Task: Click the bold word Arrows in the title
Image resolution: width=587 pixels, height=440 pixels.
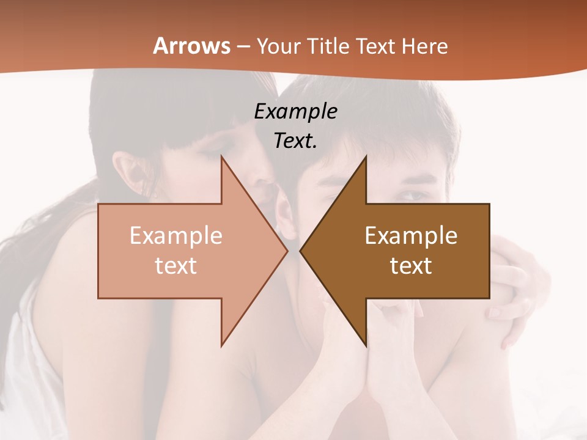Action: click(191, 46)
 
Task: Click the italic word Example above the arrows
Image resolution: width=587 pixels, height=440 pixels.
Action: click(295, 111)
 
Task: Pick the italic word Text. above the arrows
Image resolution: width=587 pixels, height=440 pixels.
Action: click(295, 141)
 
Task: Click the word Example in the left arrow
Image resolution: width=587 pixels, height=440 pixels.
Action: click(176, 236)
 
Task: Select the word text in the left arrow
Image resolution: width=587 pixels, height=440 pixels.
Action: click(176, 265)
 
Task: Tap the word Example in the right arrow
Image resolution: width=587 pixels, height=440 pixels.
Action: click(411, 236)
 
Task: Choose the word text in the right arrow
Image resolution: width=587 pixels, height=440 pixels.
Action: click(411, 265)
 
